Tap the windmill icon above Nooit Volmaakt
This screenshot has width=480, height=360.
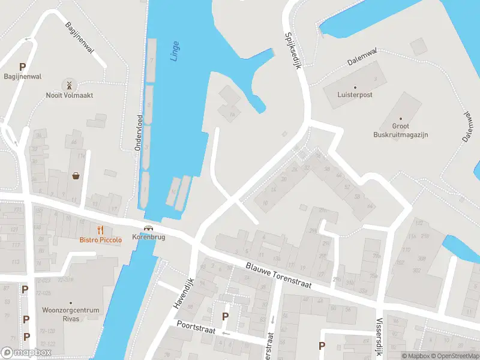coord(69,85)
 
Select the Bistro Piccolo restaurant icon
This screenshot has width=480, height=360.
coord(101,230)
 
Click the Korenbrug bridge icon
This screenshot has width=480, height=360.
coord(148,228)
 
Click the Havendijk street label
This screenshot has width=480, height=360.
coord(184,293)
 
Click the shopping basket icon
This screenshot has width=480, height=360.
coord(77,176)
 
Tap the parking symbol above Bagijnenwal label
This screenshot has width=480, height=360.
coord(23,67)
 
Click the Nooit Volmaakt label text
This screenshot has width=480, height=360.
coord(69,95)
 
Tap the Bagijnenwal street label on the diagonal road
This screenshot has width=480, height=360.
coord(79,38)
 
